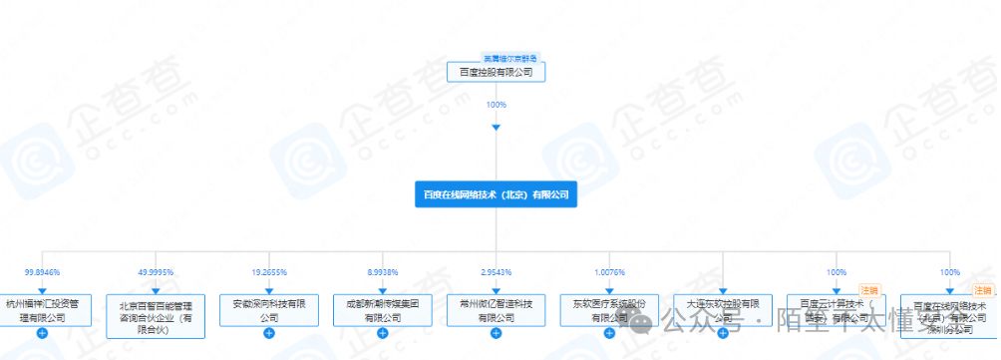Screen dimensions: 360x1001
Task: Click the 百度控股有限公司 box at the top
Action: click(497, 73)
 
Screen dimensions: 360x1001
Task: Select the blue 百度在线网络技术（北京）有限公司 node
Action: click(497, 193)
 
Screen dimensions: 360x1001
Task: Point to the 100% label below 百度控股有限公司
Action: click(497, 104)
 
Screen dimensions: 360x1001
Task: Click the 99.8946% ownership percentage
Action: click(42, 271)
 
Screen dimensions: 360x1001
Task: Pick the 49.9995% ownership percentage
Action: click(156, 271)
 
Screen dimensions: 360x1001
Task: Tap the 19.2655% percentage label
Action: click(269, 271)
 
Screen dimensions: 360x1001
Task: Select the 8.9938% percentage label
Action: click(383, 271)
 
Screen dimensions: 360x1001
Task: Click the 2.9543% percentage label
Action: click(497, 271)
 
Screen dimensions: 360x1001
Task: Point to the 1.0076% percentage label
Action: click(609, 271)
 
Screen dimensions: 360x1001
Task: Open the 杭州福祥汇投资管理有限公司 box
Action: click(42, 310)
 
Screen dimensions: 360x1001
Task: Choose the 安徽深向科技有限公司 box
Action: click(269, 310)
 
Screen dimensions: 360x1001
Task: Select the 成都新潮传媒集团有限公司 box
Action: click(383, 310)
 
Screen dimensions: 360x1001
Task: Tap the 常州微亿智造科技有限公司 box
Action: click(497, 310)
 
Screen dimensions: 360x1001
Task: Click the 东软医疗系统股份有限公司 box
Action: click(609, 310)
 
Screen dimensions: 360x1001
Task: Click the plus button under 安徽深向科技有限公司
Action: click(269, 333)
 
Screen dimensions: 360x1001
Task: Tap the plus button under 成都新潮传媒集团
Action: click(383, 333)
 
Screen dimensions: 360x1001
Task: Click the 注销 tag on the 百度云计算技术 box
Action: click(867, 290)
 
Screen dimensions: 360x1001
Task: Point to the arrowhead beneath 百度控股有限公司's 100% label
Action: click(497, 127)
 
